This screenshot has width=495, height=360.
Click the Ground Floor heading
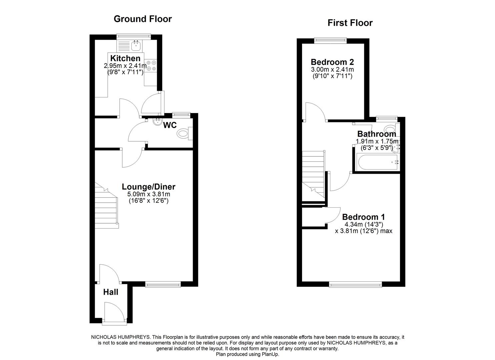click(143, 19)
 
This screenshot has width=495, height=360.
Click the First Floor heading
click(350, 23)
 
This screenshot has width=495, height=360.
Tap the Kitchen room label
click(125, 58)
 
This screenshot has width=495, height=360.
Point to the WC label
click(170, 125)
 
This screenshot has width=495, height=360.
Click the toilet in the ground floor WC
click(184, 134)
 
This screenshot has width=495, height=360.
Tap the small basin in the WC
click(157, 122)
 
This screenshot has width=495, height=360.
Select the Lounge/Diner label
click(148, 187)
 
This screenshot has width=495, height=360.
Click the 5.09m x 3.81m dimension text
click(148, 194)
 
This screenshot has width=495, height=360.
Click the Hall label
click(111, 292)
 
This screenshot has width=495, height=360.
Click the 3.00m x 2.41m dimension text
click(332, 70)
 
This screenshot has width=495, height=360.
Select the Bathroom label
click(377, 134)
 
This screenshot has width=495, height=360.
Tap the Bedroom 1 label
click(364, 217)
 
